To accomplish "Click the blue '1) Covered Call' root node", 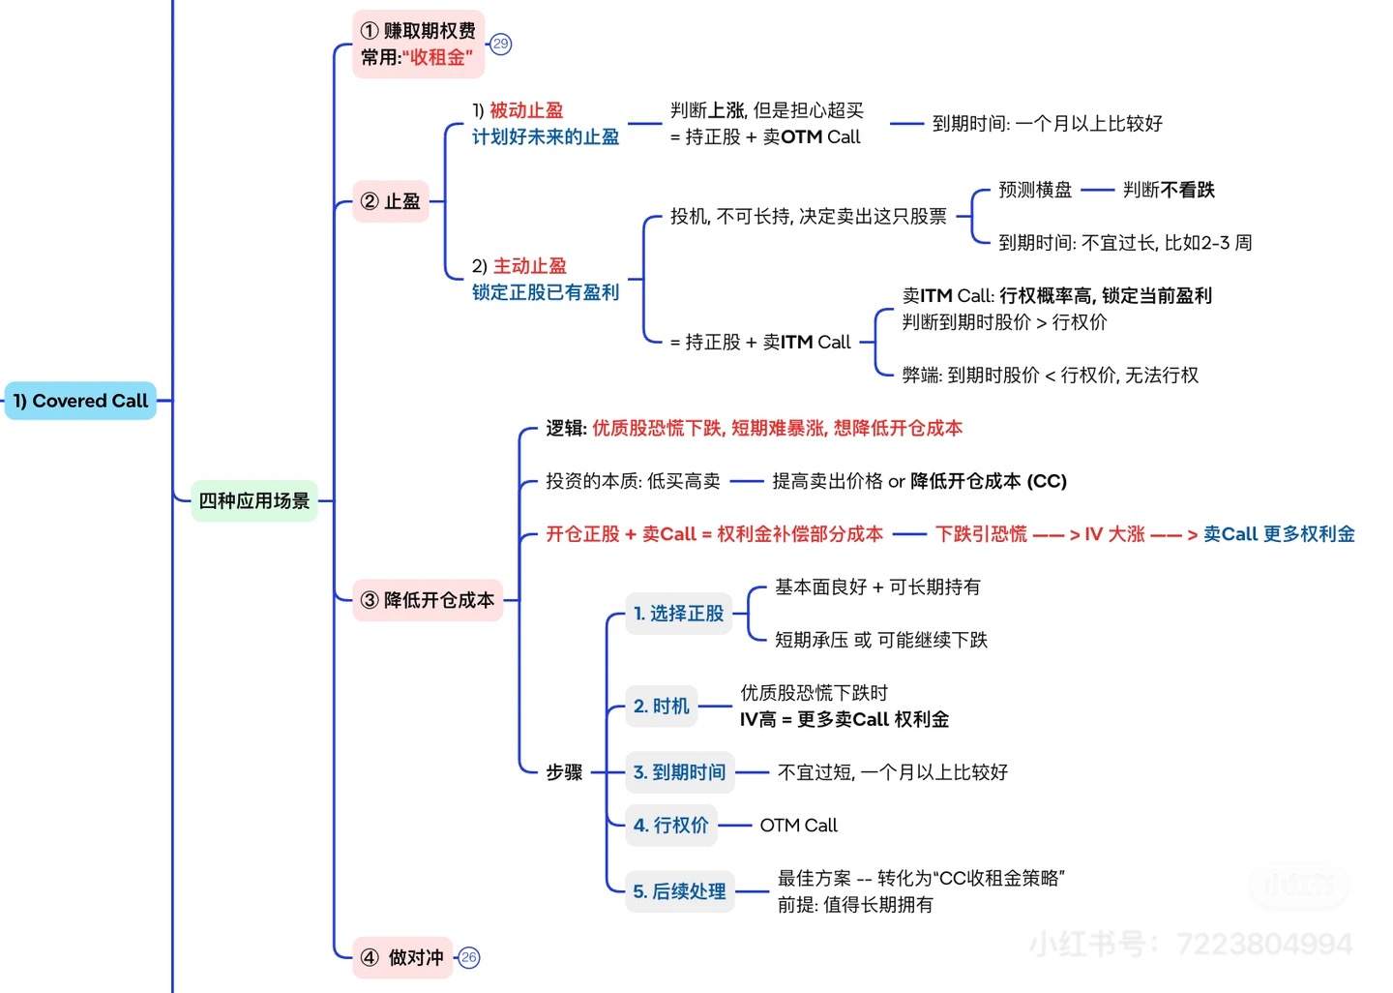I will coord(80,401).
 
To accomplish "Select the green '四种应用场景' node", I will coord(254,500).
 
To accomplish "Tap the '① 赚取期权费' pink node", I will coord(418,44).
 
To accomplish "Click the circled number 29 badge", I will coord(500,44).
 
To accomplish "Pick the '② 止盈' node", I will coord(391,201).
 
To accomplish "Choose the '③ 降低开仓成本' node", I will coord(428,600).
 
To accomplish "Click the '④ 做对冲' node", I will coord(403,957).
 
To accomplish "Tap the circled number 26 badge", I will coord(469,957).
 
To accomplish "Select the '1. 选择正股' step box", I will coord(678,614).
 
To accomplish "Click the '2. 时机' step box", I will coord(662,707).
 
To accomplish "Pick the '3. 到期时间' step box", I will coord(679,772).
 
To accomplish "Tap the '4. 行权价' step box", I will coord(670,826).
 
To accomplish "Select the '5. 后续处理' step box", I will coord(679,891).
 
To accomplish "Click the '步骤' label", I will coord(564,772).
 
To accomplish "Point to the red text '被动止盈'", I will coord(526,110).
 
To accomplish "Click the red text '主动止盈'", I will coord(530,266).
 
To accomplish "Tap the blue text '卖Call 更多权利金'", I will coord(1279,534).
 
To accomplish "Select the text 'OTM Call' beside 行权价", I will coord(798,826).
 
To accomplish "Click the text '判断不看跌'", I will coord(1169,190).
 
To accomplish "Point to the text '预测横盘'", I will coord(1035,190).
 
